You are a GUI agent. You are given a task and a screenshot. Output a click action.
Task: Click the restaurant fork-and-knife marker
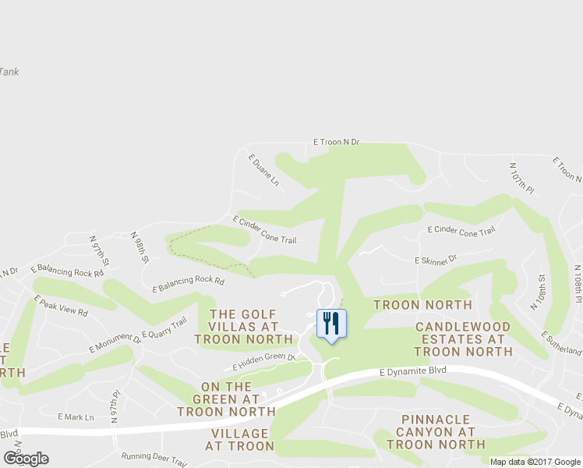[x=331, y=323]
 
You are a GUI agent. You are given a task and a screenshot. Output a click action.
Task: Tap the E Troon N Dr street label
[x=336, y=142]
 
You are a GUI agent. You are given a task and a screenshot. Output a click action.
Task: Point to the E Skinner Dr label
[x=435, y=258]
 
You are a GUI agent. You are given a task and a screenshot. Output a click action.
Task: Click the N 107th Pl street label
[x=521, y=179]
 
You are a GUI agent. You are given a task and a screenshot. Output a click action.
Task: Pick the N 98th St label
[x=140, y=247]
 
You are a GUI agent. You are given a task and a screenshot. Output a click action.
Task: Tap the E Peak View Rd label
[x=61, y=305]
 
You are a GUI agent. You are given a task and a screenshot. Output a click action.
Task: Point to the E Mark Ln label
[x=76, y=417]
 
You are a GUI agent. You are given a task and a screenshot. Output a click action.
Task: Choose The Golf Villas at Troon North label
[x=244, y=326]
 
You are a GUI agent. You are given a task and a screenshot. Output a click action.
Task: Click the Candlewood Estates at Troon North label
[x=463, y=339]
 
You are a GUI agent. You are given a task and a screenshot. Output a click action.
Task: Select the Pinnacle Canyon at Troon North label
[x=436, y=431]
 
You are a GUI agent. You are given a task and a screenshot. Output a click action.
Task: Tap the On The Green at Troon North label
[x=226, y=399]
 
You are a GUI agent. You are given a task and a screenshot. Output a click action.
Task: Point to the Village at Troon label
[x=239, y=440]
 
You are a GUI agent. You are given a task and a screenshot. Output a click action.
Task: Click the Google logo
[x=26, y=459]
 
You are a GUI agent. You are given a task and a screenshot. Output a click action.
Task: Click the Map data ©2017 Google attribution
[x=535, y=462]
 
